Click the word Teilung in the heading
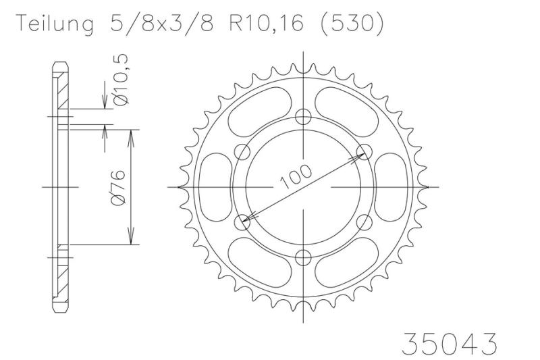click(55, 24)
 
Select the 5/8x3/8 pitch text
click(161, 23)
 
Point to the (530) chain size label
click(351, 24)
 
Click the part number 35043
click(450, 343)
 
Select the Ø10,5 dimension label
click(121, 80)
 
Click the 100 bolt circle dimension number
click(296, 177)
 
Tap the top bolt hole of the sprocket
click(303, 117)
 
